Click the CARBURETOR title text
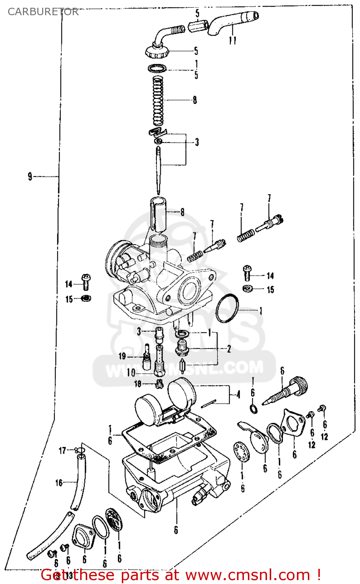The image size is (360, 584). click(x=43, y=12)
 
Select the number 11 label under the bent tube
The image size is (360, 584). click(x=232, y=40)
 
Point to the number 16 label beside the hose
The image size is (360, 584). click(x=59, y=483)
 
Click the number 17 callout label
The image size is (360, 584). click(x=62, y=450)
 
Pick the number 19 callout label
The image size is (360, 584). click(x=122, y=356)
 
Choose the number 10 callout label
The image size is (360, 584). click(x=131, y=373)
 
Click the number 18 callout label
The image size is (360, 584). click(x=138, y=384)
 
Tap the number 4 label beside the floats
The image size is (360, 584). click(x=238, y=394)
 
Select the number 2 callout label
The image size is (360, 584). click(x=229, y=348)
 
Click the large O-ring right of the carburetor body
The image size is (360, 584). click(x=227, y=308)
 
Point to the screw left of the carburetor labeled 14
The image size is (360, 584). click(x=86, y=282)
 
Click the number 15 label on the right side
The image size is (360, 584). click(x=270, y=290)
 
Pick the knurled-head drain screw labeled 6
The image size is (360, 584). click(x=287, y=391)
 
